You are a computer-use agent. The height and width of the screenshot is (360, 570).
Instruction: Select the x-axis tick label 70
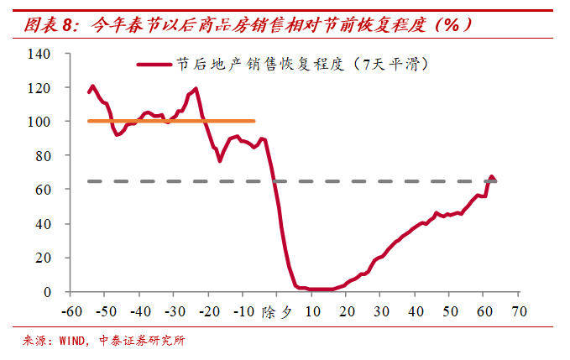pos(518,310)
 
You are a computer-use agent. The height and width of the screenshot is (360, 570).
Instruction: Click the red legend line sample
pos(155,65)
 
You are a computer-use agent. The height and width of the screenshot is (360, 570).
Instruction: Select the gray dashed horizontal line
pos(294,180)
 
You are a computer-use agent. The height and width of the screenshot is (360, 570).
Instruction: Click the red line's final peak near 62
pos(492,177)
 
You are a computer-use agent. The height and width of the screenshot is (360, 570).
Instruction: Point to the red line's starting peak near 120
pos(92,86)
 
